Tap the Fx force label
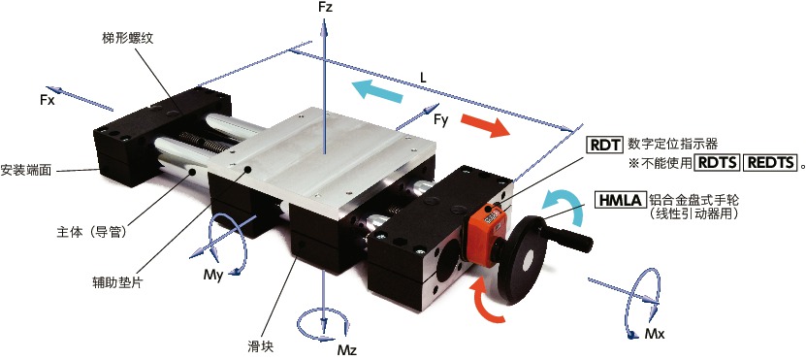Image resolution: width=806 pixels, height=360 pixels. click(x=48, y=100)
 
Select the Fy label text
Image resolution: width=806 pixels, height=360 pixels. click(x=441, y=122)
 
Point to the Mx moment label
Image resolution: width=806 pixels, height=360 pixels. click(x=655, y=334)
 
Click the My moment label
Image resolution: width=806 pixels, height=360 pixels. click(x=212, y=276)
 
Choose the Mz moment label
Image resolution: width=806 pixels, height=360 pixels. click(x=347, y=350)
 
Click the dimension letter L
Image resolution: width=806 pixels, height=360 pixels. click(x=423, y=79)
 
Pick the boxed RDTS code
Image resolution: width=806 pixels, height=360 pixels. click(x=717, y=163)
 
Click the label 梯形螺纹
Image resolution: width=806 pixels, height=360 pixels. click(x=126, y=39)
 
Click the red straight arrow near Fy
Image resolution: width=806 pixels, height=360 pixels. click(x=485, y=125)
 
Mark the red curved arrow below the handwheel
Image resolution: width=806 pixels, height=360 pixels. click(x=485, y=302)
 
